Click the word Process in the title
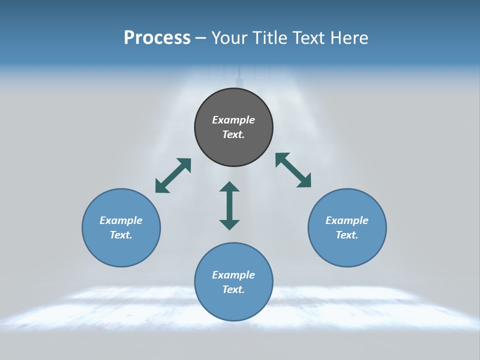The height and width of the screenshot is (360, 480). point(157,38)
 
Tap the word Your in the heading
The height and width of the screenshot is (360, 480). point(230,38)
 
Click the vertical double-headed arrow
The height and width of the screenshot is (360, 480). point(229,205)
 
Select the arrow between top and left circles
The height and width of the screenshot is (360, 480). point(173,175)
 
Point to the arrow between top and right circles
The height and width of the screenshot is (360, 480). point(293,170)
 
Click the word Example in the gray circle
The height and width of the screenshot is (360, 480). point(233,120)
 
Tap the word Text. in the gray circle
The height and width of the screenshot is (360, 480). point(233,134)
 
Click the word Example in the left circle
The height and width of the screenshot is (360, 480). point(121,220)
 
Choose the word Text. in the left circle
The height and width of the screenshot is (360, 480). point(121,235)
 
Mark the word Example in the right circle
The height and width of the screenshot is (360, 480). point(347,220)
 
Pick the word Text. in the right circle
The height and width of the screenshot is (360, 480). point(347,235)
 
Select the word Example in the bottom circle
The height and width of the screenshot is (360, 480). point(233,275)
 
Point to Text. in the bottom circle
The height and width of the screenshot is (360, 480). point(233,289)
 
